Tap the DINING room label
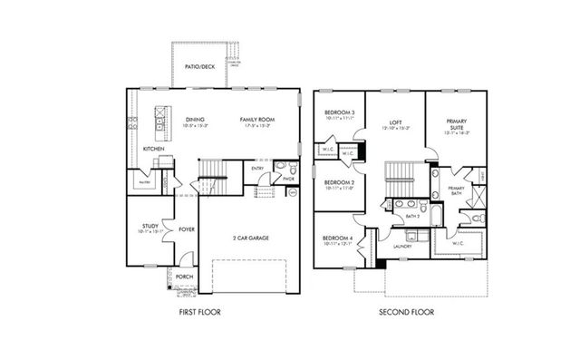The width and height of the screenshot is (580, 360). [195, 119]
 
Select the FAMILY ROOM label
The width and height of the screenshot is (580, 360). [257, 119]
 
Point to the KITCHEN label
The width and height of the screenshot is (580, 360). [153, 149]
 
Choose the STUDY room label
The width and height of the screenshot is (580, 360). [150, 226]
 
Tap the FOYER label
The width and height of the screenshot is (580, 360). [187, 229]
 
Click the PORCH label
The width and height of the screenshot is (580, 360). [184, 277]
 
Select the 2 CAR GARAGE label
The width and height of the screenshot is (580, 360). [250, 238]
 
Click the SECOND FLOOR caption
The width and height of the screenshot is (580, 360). [407, 313]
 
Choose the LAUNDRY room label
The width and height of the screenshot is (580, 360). [403, 247]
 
